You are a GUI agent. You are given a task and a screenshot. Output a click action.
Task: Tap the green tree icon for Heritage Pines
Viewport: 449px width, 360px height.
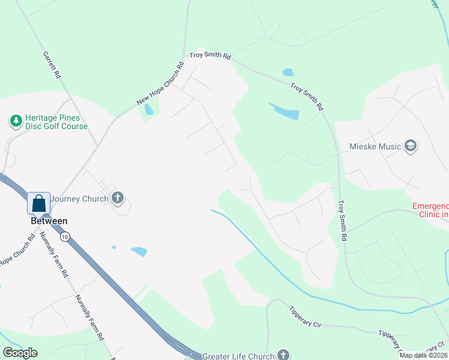(16, 122)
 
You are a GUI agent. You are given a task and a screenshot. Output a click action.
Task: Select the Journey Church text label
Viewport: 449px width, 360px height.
(79, 199)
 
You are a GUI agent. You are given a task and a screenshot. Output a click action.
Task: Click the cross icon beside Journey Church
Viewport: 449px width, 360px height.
(118, 197)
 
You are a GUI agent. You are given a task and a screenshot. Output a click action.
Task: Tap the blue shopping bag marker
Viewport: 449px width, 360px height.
(39, 203)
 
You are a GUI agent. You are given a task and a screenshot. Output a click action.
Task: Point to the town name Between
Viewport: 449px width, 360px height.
(49, 221)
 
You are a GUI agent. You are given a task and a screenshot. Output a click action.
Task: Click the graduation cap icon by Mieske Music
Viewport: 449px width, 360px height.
(411, 146)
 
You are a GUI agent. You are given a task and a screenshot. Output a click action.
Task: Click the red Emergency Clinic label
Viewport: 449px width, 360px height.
(430, 209)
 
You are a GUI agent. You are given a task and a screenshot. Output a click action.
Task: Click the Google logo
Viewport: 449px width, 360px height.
(20, 353)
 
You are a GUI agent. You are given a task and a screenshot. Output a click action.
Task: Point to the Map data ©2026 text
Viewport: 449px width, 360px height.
(423, 355)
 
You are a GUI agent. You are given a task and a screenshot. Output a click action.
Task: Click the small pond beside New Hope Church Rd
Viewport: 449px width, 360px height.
(148, 109)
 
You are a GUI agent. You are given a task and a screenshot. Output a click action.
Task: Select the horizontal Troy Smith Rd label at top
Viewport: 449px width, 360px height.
(210, 56)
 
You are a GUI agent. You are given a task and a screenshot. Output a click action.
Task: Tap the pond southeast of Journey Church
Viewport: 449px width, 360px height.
(139, 251)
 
